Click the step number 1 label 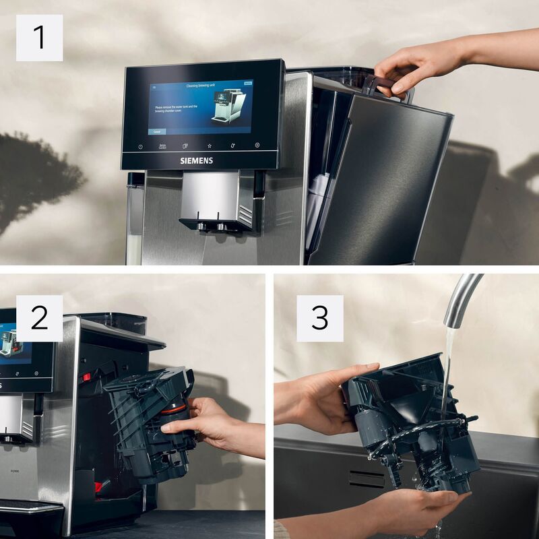[x=39, y=38]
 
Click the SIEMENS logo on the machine [x=195, y=161]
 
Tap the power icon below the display [x=140, y=146]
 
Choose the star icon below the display [x=210, y=146]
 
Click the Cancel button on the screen [x=157, y=132]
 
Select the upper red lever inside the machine [x=86, y=377]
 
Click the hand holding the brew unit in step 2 [x=202, y=424]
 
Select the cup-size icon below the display [x=185, y=146]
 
